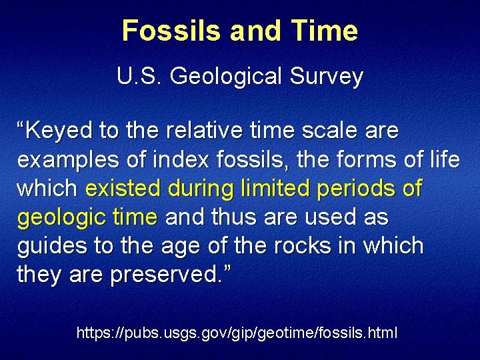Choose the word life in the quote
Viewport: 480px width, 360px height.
(x=443, y=160)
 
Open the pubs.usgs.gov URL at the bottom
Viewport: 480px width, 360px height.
(x=237, y=332)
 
